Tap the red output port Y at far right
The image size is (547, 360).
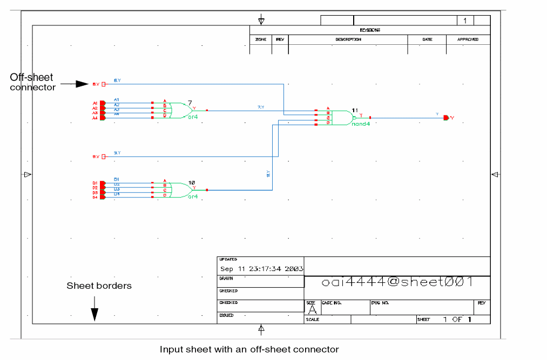point(445,118)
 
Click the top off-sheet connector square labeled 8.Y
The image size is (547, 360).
point(104,84)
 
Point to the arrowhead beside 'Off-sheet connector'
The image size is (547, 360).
point(82,84)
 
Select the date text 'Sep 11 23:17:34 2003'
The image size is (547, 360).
point(261,268)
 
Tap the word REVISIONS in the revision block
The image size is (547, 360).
point(370,30)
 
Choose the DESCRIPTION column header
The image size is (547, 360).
point(348,39)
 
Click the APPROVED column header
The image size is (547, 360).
point(468,39)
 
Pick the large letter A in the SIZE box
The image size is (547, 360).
point(312,310)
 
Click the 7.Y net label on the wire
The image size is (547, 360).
point(261,107)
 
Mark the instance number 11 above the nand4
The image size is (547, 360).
point(355,110)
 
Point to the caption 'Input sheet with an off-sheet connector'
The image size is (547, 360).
point(249,350)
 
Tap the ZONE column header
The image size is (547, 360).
point(260,39)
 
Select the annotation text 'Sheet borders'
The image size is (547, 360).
point(99,286)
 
